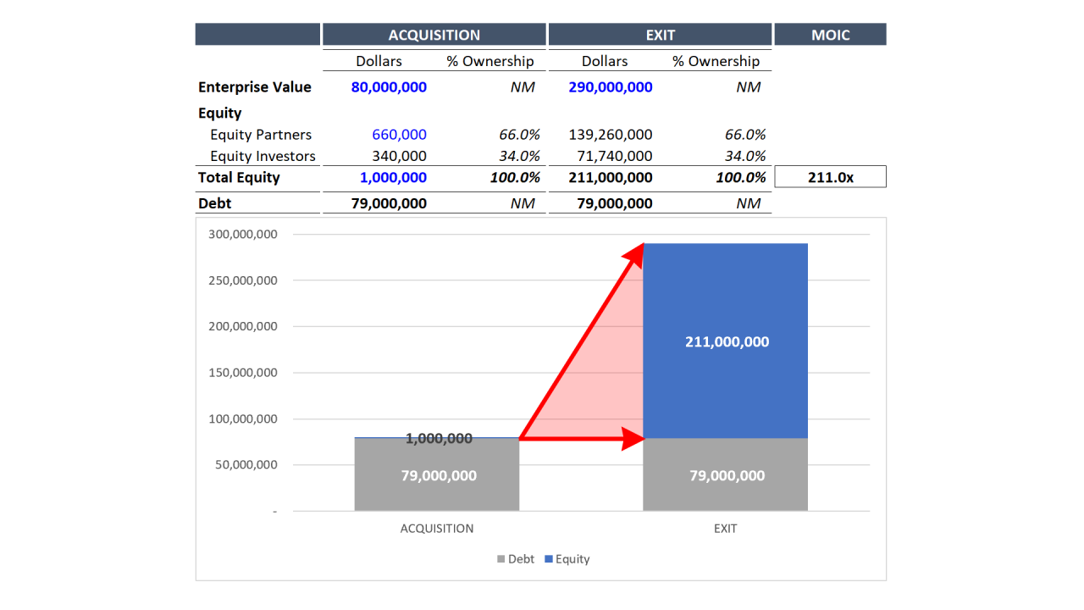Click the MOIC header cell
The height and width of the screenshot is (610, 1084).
click(x=830, y=35)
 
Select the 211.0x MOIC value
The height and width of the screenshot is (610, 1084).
click(x=830, y=177)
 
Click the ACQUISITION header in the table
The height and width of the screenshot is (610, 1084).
click(x=434, y=35)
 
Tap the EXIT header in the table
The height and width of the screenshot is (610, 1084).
click(x=660, y=35)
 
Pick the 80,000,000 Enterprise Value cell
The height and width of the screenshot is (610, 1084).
click(x=389, y=87)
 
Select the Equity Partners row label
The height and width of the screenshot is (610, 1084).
click(x=261, y=135)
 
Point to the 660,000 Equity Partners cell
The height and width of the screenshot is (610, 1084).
click(x=399, y=135)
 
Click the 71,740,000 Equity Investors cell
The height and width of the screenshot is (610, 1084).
click(x=616, y=156)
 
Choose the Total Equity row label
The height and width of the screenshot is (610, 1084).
click(x=239, y=177)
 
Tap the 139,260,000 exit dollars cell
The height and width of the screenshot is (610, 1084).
click(x=611, y=135)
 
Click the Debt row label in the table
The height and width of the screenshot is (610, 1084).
click(x=214, y=203)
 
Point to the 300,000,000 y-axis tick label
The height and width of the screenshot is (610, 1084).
click(x=243, y=235)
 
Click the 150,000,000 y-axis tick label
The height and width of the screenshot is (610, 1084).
click(x=243, y=373)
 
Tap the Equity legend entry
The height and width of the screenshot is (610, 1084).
click(x=567, y=559)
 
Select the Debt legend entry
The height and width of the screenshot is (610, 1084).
click(x=516, y=559)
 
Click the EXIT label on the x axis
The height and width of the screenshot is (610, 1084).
click(x=725, y=529)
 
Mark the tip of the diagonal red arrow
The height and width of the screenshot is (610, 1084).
click(x=642, y=245)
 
